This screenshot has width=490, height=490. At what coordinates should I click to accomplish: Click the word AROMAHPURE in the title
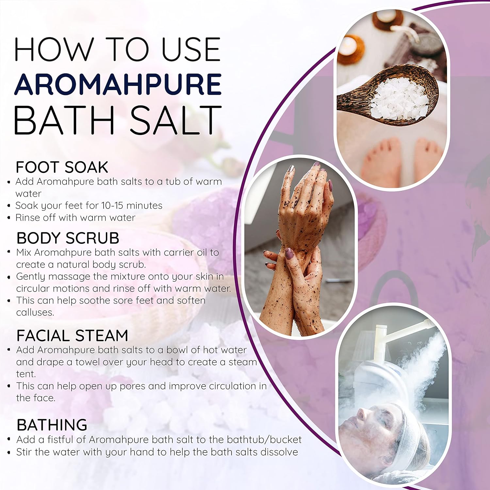118,84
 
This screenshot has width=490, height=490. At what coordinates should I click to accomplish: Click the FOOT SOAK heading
62,167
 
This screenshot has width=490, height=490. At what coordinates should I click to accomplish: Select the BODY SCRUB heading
68,238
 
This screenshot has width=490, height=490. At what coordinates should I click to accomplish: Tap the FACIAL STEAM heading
72,335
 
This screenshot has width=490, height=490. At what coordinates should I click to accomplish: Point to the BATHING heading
52,425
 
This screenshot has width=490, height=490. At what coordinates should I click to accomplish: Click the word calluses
35,313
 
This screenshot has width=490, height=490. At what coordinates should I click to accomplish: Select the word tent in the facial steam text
25,374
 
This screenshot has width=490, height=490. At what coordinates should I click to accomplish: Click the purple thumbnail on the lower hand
289,253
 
